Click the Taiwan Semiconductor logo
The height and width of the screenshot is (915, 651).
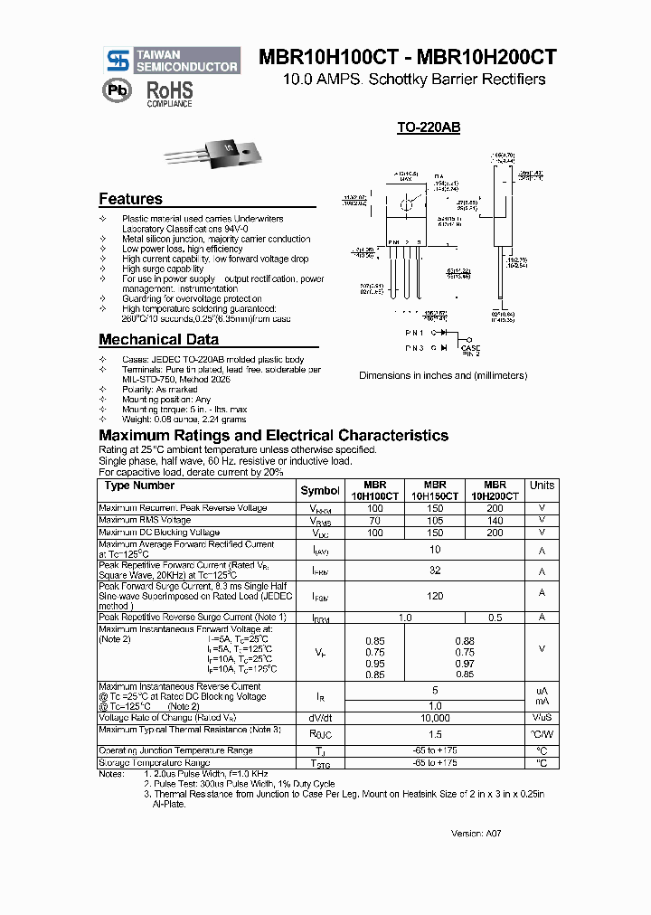[171, 61]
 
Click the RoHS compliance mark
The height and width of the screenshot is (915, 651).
[170, 92]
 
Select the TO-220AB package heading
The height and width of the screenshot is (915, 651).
[429, 128]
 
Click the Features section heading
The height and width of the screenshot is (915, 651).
[130, 199]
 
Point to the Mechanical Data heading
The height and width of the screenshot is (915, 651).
[158, 340]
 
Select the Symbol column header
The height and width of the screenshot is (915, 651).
[320, 490]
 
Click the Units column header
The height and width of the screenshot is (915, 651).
[542, 486]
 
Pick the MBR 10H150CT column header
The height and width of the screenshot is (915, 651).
[435, 490]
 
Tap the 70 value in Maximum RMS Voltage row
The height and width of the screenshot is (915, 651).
[375, 521]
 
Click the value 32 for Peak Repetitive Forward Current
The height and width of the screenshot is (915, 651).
[435, 571]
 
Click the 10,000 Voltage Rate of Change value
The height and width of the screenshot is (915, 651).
[435, 718]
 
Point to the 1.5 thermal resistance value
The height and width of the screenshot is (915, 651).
[435, 735]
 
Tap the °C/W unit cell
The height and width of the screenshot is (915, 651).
[542, 735]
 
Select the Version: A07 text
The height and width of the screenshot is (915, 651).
[476, 833]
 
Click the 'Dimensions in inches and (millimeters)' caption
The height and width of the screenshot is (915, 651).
[443, 375]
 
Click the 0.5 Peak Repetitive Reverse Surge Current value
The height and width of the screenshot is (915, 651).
[495, 617]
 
